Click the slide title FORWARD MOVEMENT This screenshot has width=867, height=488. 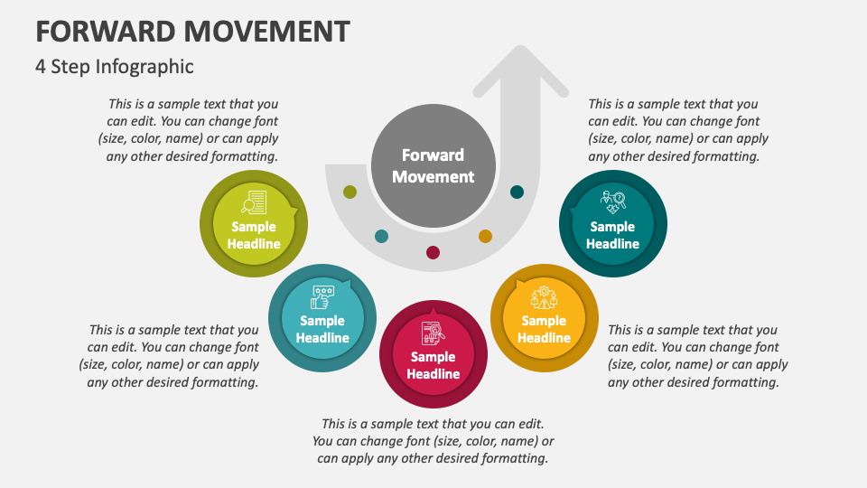(x=192, y=31)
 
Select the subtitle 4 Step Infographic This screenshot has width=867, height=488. (x=115, y=66)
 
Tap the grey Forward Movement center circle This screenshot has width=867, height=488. (x=433, y=166)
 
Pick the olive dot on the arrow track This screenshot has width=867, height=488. (x=350, y=192)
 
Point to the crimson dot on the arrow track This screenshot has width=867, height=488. (x=433, y=252)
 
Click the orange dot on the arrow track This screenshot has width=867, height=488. (x=485, y=236)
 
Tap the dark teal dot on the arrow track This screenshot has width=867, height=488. (x=517, y=192)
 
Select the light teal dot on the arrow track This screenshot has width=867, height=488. (x=381, y=236)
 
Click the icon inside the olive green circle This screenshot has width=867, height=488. (x=254, y=202)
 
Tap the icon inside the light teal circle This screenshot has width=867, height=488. (x=322, y=296)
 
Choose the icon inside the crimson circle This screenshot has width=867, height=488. (x=433, y=333)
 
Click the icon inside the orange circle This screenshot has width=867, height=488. (x=544, y=296)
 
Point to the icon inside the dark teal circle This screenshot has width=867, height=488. (x=613, y=202)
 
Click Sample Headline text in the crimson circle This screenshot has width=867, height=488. (x=433, y=365)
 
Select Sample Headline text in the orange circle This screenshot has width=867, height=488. (x=544, y=329)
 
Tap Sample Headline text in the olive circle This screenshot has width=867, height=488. (x=254, y=235)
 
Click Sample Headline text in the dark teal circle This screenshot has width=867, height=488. (x=613, y=235)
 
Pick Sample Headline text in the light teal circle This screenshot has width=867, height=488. (x=322, y=329)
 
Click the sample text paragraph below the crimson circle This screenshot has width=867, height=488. (x=433, y=440)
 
